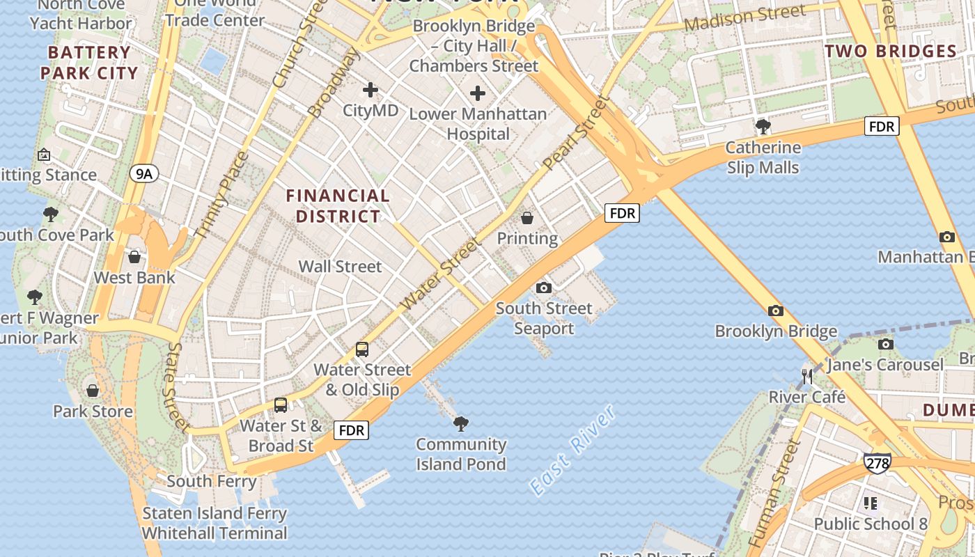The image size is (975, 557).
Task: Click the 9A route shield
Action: (143, 173)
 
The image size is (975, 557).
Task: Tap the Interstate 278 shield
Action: (877, 463)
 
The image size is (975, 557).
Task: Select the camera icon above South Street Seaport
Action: (544, 288)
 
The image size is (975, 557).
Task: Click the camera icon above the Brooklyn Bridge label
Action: (776, 311)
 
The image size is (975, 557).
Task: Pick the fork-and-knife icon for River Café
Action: (807, 377)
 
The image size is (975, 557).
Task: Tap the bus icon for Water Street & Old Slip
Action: (362, 350)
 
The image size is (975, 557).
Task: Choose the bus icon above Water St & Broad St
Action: (281, 405)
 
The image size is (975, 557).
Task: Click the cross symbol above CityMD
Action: (370, 90)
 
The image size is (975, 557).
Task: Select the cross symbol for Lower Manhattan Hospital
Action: (478, 93)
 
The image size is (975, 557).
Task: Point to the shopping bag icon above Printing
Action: (527, 218)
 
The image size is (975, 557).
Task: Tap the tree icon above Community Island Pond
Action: (460, 423)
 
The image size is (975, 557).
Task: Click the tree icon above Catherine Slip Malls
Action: (763, 127)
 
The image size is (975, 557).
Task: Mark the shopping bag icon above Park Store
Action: (93, 390)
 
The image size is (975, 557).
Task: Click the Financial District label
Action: (338, 206)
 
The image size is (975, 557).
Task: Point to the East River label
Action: (572, 449)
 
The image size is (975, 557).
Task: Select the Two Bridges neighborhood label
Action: (891, 52)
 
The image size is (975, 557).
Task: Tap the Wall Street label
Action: (340, 266)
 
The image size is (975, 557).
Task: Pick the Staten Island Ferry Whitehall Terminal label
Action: (214, 524)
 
